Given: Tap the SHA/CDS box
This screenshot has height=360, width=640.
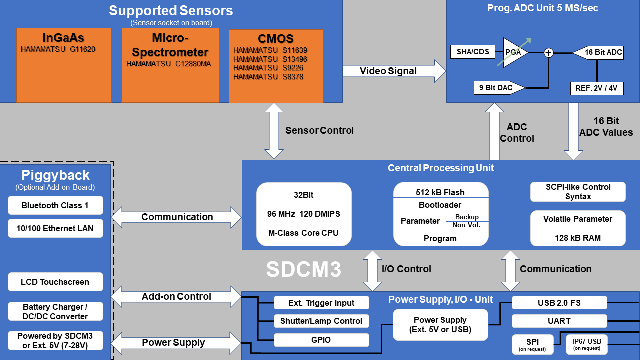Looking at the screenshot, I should click(473, 52).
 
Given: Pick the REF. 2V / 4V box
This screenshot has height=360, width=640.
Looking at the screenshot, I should click(597, 88).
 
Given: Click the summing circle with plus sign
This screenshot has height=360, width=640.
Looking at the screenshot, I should click(549, 52).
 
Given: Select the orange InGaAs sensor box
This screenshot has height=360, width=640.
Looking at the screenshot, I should click(64, 65).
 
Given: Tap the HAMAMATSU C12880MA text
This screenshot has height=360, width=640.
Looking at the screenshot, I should click(168, 64).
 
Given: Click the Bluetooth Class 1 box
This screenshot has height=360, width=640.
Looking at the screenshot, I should click(55, 205).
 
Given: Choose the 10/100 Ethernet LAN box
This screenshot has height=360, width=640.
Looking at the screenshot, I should click(55, 228).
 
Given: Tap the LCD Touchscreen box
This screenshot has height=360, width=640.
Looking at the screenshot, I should click(55, 282).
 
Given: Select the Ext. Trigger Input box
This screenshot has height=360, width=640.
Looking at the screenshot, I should click(321, 303).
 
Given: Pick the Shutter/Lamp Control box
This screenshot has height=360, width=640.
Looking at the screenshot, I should click(321, 321).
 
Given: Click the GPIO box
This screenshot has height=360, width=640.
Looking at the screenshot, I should click(321, 340).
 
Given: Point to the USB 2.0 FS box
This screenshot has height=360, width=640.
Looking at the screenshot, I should click(559, 303).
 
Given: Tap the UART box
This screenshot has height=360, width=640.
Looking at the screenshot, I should click(559, 321).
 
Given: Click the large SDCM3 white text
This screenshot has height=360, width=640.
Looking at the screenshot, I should click(303, 269).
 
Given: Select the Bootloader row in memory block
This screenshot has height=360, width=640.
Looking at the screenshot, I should click(440, 205).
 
